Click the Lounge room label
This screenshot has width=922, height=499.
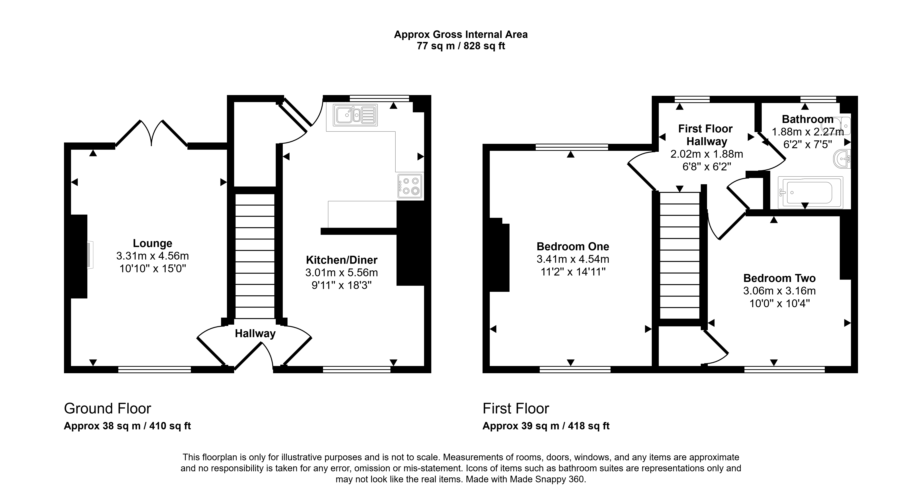click(x=152, y=243)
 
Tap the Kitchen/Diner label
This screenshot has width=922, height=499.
click(x=341, y=260)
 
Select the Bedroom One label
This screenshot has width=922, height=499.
click(x=573, y=246)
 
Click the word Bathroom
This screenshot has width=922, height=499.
click(x=807, y=119)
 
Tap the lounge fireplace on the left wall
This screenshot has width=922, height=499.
click(x=79, y=256)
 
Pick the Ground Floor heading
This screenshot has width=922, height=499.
click(x=107, y=408)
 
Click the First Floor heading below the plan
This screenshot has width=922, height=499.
click(x=516, y=408)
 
